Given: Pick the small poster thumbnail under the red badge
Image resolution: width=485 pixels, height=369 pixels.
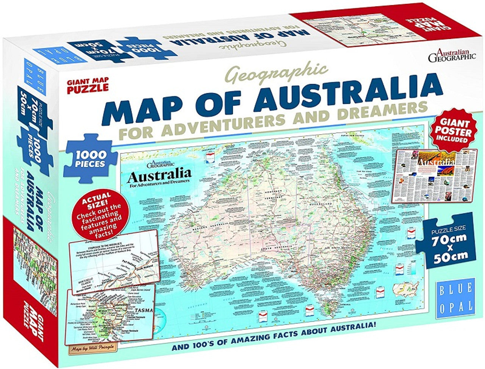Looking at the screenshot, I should (430, 176).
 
